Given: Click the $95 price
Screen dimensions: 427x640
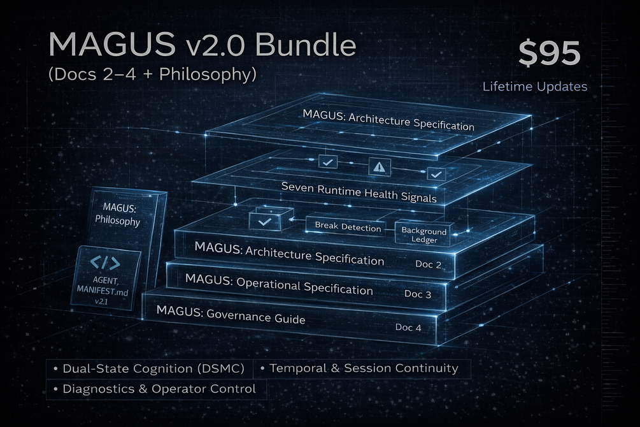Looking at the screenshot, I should [x=548, y=54].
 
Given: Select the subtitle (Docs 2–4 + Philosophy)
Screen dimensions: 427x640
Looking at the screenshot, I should [x=152, y=74].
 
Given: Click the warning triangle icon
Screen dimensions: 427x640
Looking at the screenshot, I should [x=379, y=168].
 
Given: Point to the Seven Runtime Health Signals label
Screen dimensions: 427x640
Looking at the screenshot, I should [x=359, y=192].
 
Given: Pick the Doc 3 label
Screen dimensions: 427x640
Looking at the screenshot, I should [x=418, y=294].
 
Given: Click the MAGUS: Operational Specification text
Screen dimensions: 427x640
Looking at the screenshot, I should [x=278, y=284].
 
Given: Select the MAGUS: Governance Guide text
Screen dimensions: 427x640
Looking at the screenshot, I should [x=230, y=315].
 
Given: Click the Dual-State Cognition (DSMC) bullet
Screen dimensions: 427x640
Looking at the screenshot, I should [x=149, y=368].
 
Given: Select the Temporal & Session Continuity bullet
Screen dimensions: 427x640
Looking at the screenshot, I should [x=363, y=368].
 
